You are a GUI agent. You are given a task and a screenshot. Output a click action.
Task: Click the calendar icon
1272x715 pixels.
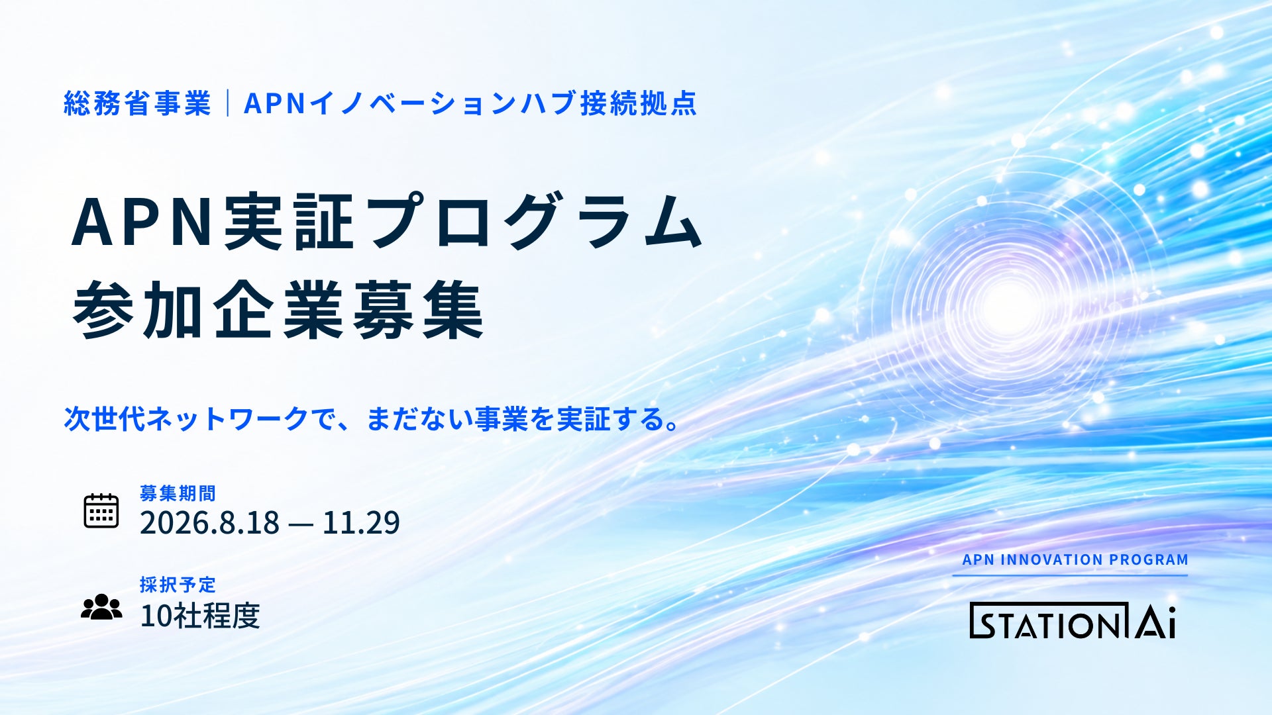click(x=101, y=510)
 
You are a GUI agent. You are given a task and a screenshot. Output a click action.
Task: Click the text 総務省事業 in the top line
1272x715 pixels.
click(x=137, y=103)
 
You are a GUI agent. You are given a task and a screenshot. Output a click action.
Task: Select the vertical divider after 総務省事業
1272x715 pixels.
click(x=228, y=103)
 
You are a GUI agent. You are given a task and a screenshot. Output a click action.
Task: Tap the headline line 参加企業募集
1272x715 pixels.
click(x=278, y=310)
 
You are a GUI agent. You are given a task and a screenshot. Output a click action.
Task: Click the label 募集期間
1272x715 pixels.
click(x=178, y=493)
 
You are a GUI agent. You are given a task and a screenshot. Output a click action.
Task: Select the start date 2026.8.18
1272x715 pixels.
click(x=209, y=522)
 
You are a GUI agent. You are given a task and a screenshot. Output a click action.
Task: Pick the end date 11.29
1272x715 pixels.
click(x=361, y=522)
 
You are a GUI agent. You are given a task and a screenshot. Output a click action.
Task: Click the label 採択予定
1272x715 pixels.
click(x=178, y=585)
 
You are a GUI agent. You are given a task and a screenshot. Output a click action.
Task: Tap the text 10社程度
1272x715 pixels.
click(x=199, y=616)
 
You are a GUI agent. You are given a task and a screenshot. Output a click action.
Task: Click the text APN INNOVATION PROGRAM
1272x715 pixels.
click(x=1075, y=559)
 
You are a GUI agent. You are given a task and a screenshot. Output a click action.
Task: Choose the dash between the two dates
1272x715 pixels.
click(x=301, y=524)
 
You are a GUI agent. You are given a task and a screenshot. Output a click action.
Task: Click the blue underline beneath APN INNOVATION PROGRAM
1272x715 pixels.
click(x=1071, y=575)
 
